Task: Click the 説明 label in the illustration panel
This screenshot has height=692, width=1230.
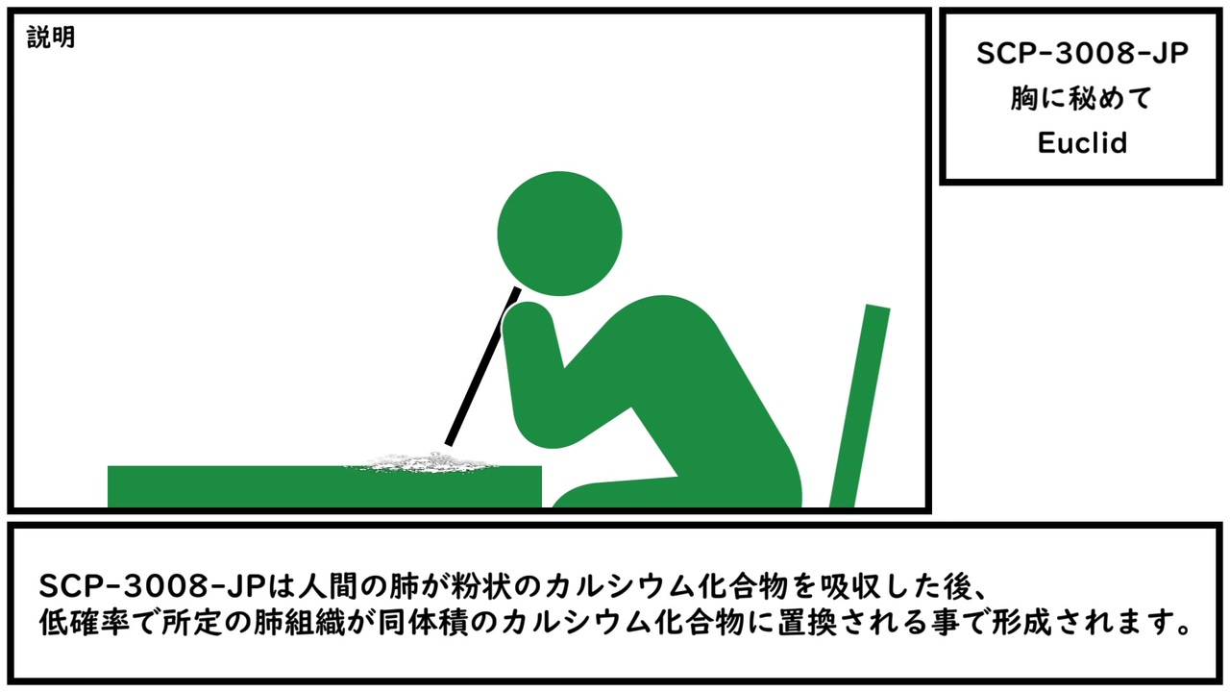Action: pos(51,37)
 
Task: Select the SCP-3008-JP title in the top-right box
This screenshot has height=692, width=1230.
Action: pos(1082,54)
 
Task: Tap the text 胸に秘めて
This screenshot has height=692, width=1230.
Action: pos(1081,98)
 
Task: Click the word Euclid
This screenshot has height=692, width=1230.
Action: pos(1082,143)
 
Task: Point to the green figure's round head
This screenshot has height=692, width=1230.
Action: pos(559,234)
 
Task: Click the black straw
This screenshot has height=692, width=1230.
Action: pos(482,366)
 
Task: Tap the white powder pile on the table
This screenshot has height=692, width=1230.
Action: pos(420,462)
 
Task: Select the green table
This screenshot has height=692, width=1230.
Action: pos(325,486)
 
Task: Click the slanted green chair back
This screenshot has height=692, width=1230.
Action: pos(860,406)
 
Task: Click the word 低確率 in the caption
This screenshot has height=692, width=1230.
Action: pos(85,623)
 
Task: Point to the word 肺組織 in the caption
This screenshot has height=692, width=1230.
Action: pos(299,623)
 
